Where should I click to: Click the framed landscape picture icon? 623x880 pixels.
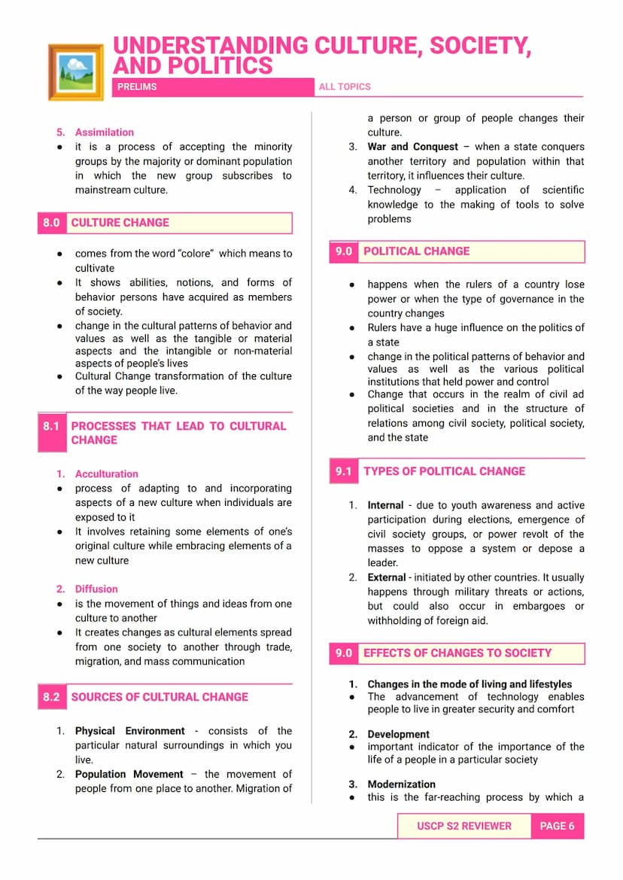pyautogui.click(x=75, y=72)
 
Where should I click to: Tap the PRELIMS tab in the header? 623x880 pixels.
pyautogui.click(x=137, y=87)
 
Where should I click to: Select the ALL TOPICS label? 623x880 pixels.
pyautogui.click(x=345, y=87)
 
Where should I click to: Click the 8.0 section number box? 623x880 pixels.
pyautogui.click(x=51, y=223)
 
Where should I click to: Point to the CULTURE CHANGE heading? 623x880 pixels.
pyautogui.click(x=120, y=223)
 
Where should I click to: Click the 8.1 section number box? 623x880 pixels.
pyautogui.click(x=51, y=426)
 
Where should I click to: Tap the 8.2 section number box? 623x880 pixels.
pyautogui.click(x=51, y=697)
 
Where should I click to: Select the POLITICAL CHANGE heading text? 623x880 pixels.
pyautogui.click(x=416, y=251)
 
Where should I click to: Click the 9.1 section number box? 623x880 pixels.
pyautogui.click(x=344, y=471)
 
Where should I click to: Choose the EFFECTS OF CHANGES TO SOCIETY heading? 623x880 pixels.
pyautogui.click(x=457, y=653)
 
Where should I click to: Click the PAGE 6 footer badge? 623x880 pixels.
pyautogui.click(x=557, y=826)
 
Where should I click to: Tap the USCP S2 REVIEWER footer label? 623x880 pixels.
pyautogui.click(x=464, y=826)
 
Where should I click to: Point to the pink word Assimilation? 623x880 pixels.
pyautogui.click(x=105, y=132)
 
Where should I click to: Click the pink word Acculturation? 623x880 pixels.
pyautogui.click(x=107, y=474)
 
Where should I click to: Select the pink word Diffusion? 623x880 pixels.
pyautogui.click(x=96, y=589)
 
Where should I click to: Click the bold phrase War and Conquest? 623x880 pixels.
pyautogui.click(x=412, y=147)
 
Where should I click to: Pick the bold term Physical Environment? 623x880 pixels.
pyautogui.click(x=129, y=731)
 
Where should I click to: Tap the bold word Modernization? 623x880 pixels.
pyautogui.click(x=402, y=784)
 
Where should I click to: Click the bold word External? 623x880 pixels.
pyautogui.click(x=386, y=577)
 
